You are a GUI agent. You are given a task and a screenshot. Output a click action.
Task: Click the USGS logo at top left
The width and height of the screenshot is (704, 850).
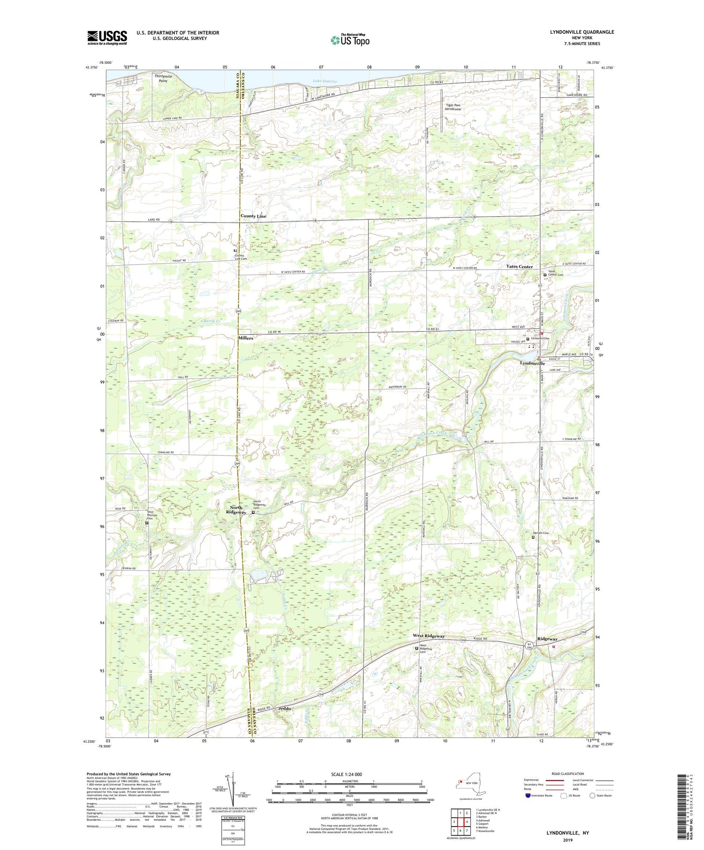(107, 38)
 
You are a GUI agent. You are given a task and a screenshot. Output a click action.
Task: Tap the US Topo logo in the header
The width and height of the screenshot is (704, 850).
(350, 40)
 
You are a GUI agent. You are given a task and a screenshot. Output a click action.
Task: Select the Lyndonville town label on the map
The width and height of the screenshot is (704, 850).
(532, 363)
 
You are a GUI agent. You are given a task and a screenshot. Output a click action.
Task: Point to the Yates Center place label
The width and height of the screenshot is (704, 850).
(519, 266)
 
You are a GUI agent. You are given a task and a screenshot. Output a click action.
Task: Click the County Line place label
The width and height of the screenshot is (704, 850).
(253, 216)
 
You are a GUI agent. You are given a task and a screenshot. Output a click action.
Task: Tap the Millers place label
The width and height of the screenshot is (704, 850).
(245, 338)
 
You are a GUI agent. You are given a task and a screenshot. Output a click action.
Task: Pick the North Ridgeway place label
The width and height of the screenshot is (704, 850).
(236, 510)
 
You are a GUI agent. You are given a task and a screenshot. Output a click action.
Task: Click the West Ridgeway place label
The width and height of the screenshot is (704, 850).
(429, 636)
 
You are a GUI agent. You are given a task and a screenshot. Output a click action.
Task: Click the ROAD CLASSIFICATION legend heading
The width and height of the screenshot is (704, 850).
(568, 774)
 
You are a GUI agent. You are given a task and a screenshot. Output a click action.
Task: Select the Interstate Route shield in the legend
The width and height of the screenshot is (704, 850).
(528, 796)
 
